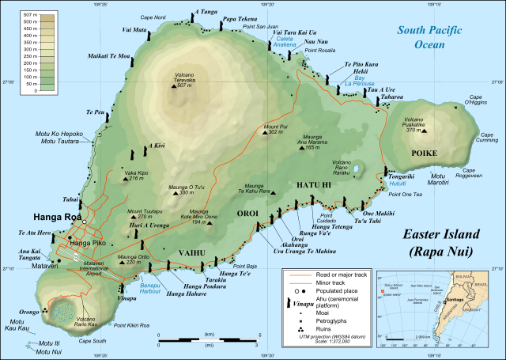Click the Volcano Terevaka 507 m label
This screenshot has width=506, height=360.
point(179,81)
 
